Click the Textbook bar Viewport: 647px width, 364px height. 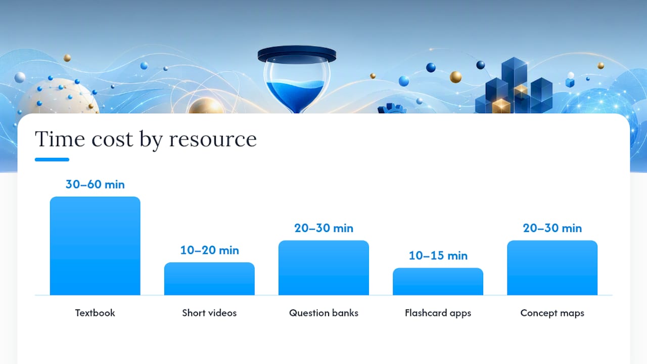click(95, 246)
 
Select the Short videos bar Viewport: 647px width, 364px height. click(209, 279)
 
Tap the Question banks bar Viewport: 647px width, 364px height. click(323, 268)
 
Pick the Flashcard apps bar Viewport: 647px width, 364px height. click(438, 282)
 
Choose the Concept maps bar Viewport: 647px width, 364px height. click(552, 268)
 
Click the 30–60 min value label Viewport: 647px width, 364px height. click(95, 185)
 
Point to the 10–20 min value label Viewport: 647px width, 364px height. click(209, 250)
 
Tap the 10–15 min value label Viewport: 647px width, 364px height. click(438, 256)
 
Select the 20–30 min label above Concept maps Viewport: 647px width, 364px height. click(552, 228)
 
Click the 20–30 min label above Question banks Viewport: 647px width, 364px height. click(323, 228)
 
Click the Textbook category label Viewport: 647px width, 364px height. click(95, 313)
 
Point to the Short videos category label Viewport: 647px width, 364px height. click(209, 313)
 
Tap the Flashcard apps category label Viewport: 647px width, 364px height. click(438, 313)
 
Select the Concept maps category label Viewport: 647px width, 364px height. click(552, 313)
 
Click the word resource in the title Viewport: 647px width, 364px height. click(213, 140)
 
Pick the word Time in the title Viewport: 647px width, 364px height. click(60, 139)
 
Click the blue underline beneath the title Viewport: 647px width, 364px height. click(52, 159)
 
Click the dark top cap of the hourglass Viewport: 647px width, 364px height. click(297, 54)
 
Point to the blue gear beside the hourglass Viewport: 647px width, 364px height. click(392, 108)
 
